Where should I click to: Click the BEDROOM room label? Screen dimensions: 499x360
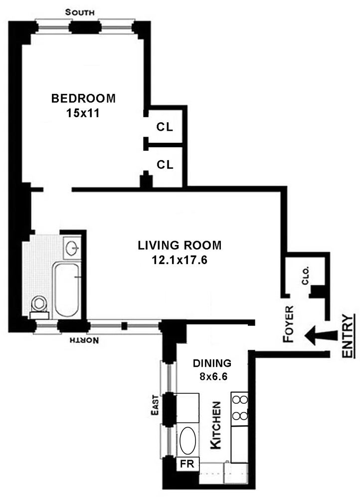[83, 98]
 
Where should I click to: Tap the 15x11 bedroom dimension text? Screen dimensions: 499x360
[83, 113]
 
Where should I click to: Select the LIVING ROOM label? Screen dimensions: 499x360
[180, 246]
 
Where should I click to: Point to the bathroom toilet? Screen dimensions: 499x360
[38, 305]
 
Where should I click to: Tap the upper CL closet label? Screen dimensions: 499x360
[165, 127]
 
